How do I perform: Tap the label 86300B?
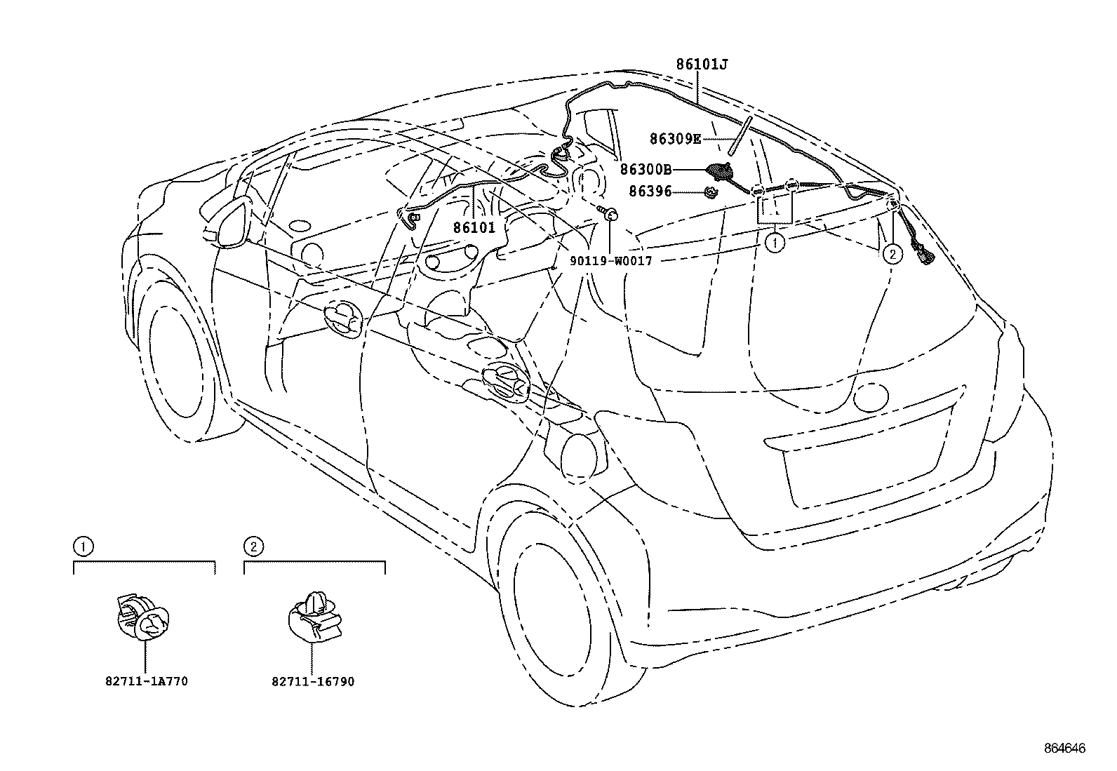tap(646, 169)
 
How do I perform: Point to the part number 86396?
tap(650, 191)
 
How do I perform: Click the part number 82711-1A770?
tap(147, 681)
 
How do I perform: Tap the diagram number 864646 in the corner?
tap(1062, 749)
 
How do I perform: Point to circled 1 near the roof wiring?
tap(774, 243)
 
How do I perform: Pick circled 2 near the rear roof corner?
tap(892, 253)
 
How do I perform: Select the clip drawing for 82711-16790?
tap(315, 617)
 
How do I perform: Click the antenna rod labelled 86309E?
tap(740, 135)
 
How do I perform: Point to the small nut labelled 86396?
tap(711, 191)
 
